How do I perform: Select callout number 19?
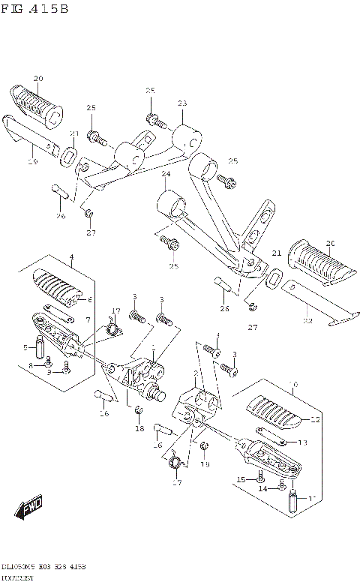[x=32, y=160]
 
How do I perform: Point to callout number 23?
[x=182, y=103]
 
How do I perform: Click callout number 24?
[x=165, y=174]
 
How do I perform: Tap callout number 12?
[x=315, y=419]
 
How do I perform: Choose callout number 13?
[x=303, y=442]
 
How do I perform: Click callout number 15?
[x=241, y=479]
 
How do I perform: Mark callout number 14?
[x=262, y=488]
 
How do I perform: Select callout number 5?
[x=25, y=347]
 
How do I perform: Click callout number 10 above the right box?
[x=293, y=384]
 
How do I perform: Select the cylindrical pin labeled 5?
[x=42, y=348]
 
